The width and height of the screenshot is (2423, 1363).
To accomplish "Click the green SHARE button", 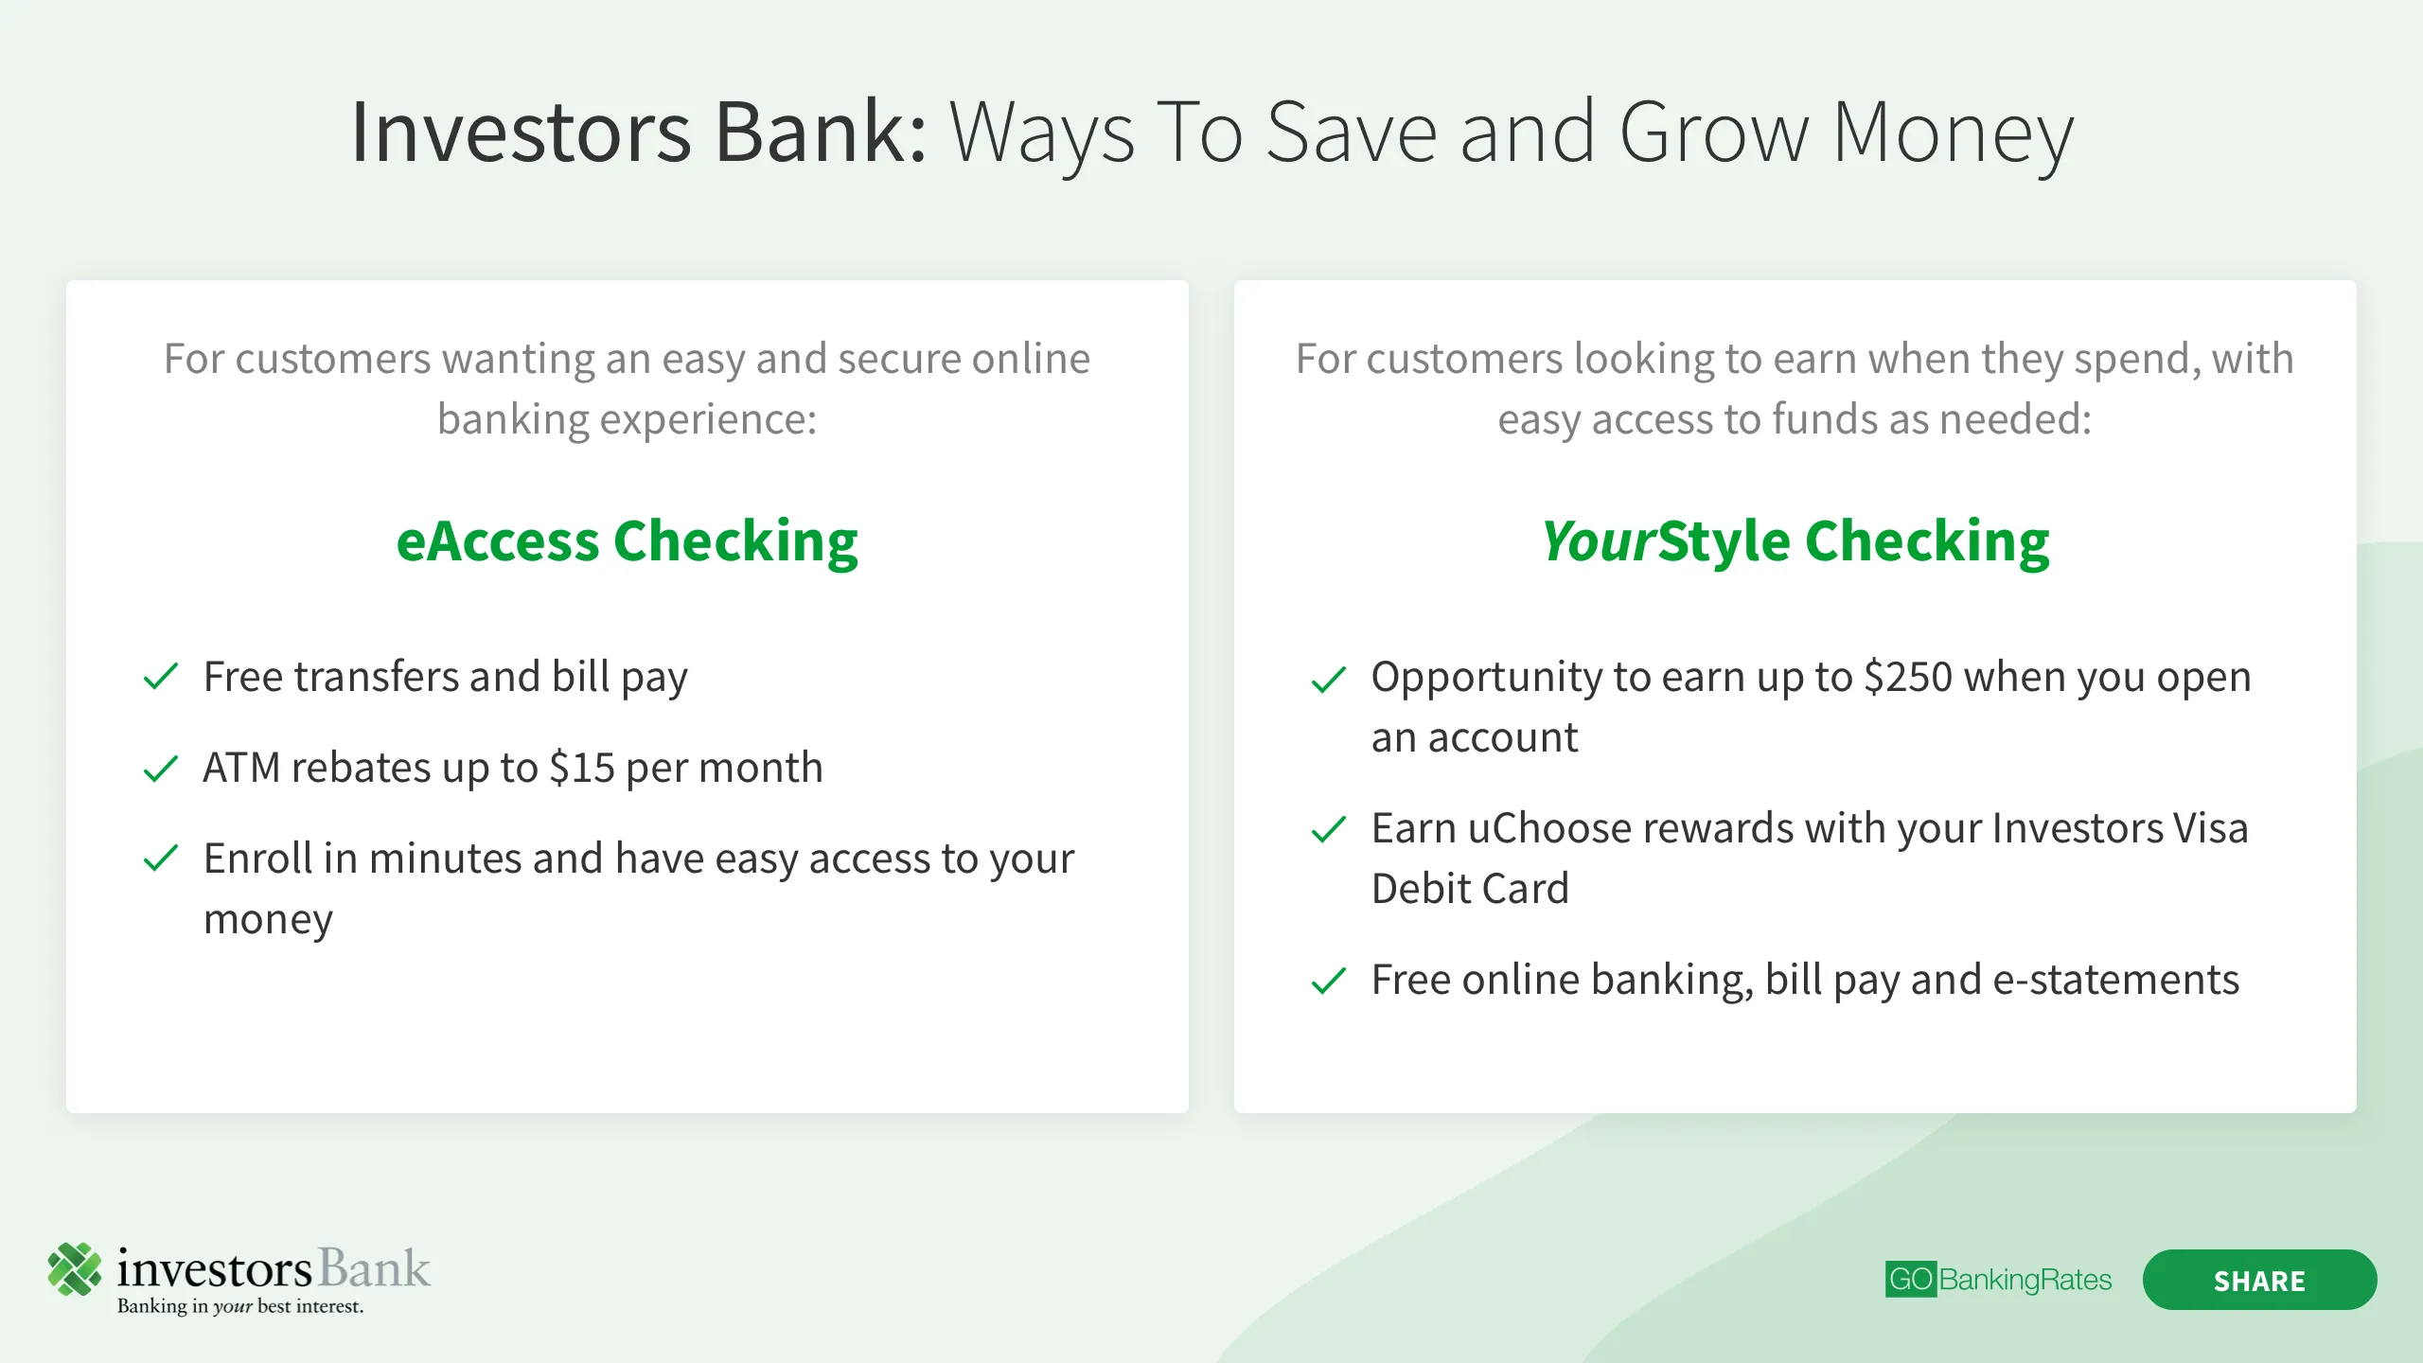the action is click(x=2259, y=1280).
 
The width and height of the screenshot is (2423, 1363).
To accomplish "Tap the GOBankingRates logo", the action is click(x=1998, y=1280).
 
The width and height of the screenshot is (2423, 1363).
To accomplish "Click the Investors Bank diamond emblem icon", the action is click(x=75, y=1268).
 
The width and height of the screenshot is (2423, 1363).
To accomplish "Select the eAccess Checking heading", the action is click(x=627, y=541).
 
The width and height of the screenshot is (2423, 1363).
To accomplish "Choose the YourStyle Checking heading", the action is click(x=1795, y=541).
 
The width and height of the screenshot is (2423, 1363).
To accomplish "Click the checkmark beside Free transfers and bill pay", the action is click(x=161, y=677).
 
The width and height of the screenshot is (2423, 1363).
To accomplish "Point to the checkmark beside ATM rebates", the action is click(x=161, y=768).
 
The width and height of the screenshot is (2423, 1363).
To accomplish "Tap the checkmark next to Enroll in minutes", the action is click(x=161, y=859).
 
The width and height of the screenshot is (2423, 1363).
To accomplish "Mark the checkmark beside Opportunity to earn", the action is click(x=1329, y=679).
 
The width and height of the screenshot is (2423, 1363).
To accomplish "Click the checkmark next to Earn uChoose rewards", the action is click(x=1329, y=829).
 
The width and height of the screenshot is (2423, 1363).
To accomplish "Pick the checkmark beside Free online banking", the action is click(x=1329, y=981).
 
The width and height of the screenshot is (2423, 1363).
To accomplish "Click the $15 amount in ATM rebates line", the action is click(x=582, y=768).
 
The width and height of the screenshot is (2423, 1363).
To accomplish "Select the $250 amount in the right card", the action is click(x=1908, y=677).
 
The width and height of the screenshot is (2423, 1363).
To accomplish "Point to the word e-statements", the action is click(x=2116, y=980).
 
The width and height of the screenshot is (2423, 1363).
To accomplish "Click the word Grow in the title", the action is click(x=1714, y=133).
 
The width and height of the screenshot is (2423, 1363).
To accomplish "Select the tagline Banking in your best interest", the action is click(x=240, y=1306).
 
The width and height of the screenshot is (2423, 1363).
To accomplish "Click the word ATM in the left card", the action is click(x=241, y=768).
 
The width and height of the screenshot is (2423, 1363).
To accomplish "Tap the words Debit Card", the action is click(x=1470, y=889).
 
